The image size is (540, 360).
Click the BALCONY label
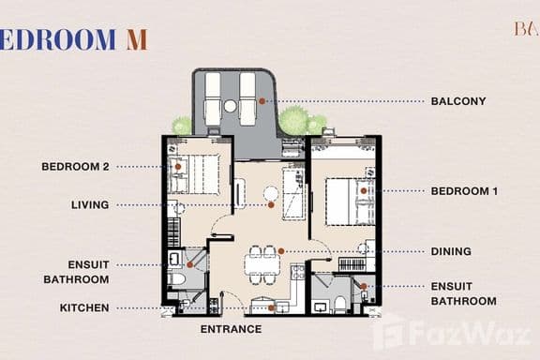point(458,101)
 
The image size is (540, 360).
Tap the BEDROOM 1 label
point(464,191)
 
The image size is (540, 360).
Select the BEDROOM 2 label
point(76,167)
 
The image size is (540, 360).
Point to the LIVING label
point(90,204)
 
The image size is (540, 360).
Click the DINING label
point(451,251)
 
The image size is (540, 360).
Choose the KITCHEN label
point(84,307)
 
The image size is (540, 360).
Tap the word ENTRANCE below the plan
point(231,329)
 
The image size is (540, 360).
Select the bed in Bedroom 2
point(198,172)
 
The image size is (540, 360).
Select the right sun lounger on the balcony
point(248,98)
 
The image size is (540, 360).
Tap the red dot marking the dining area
point(281,251)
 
